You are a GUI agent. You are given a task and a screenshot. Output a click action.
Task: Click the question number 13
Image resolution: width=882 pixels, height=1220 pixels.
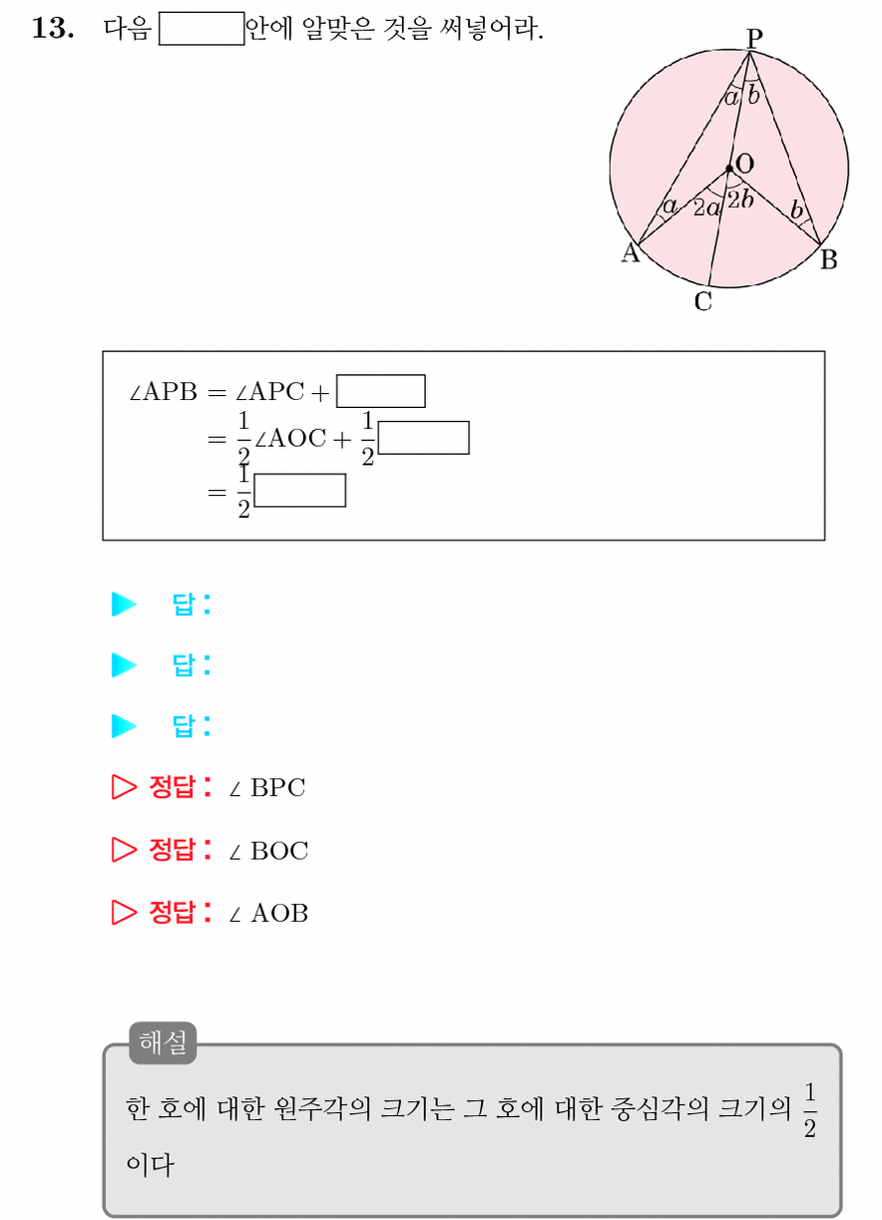53,28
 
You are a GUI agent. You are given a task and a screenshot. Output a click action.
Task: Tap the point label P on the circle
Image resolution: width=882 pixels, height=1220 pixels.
754,38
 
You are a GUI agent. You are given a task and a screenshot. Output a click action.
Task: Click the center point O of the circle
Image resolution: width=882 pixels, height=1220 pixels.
729,169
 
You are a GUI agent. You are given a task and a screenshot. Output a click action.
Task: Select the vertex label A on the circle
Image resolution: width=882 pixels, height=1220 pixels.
631,252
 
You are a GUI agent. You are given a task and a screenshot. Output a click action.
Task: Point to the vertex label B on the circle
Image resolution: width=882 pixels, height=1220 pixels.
828,259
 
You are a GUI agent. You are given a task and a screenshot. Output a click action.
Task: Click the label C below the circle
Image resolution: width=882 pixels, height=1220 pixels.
702,301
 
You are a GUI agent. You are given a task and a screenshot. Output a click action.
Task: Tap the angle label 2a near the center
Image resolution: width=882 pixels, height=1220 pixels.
707,207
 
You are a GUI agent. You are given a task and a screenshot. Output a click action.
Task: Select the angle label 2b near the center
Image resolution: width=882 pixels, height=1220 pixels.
741,200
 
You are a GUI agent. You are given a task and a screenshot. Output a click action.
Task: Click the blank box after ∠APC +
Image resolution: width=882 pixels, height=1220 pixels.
381,391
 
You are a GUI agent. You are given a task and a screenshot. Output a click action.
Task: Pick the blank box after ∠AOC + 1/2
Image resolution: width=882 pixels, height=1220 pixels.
423,438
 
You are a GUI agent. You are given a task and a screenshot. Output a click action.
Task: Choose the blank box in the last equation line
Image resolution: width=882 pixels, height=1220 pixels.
299,490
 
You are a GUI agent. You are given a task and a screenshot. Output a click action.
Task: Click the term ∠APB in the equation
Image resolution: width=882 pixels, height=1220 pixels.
163,392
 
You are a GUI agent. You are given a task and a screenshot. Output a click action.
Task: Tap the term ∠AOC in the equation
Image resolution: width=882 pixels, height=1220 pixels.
290,439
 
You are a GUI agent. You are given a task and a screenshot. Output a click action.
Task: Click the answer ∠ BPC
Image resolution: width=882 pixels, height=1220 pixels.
267,787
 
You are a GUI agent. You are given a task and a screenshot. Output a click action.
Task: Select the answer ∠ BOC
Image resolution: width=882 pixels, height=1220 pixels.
268,851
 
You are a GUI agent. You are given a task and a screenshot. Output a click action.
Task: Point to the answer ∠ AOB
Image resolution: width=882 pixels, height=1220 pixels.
268,914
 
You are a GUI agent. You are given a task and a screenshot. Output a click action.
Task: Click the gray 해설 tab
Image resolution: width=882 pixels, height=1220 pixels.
163,1042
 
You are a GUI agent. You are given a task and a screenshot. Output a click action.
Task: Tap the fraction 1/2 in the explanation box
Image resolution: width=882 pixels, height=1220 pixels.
810,1110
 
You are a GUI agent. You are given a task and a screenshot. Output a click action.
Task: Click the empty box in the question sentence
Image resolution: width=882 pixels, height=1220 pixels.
202,28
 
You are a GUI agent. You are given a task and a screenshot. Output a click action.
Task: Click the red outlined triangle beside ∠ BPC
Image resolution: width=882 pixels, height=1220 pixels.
124,787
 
